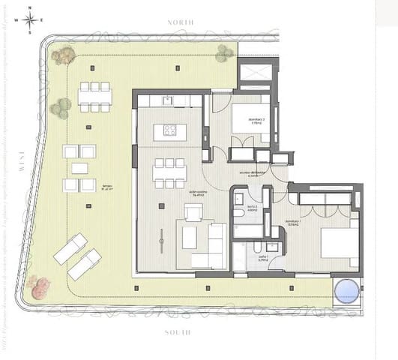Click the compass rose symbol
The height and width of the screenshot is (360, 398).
click(29, 20)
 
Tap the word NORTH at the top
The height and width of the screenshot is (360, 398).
click(181, 22)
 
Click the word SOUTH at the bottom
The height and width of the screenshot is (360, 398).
click(181, 331)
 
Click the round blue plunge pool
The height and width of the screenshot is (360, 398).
click(346, 290)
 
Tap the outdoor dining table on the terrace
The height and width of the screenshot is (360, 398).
click(95, 96)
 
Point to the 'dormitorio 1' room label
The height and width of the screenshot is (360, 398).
click(292, 223)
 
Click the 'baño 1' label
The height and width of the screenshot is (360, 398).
click(263, 257)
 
